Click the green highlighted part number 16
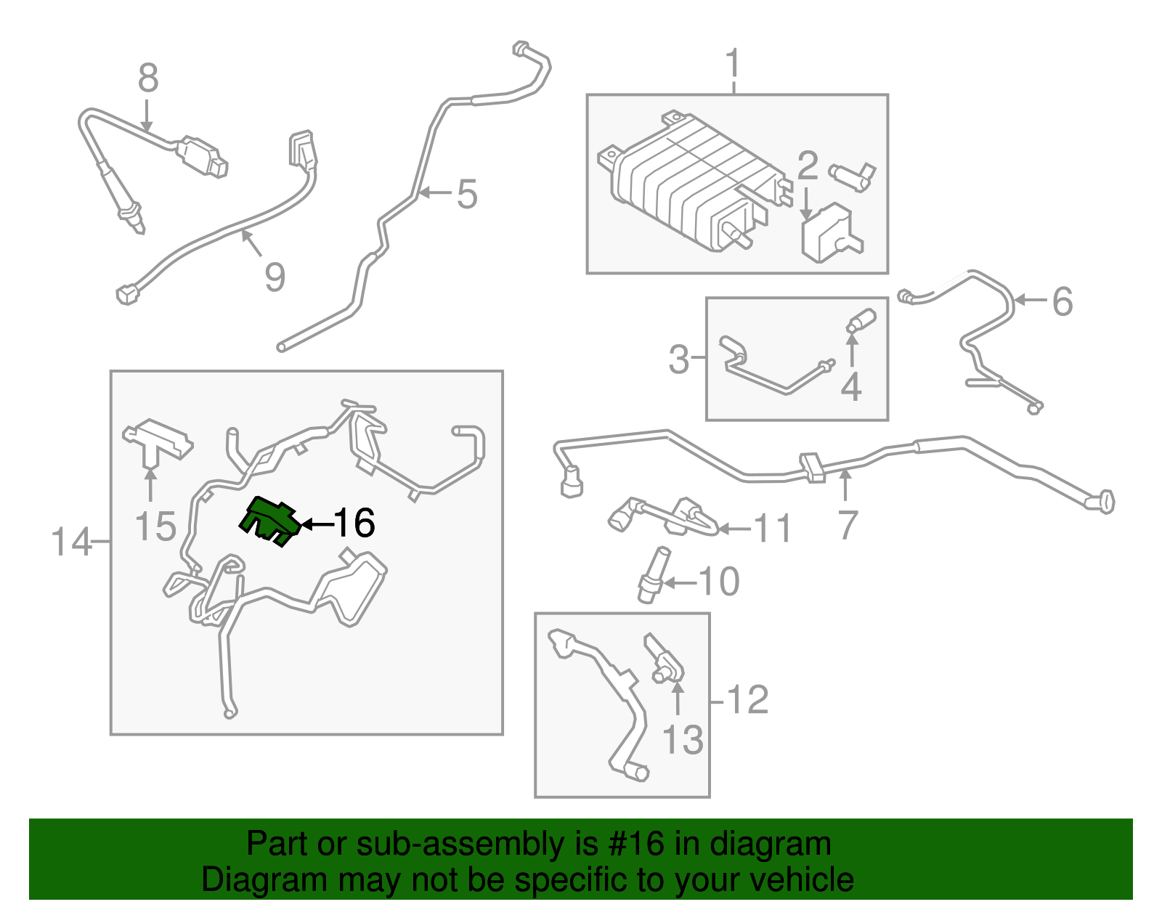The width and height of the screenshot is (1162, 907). (x=269, y=520)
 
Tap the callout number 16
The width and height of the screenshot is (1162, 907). (x=354, y=523)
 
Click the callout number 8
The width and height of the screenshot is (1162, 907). (x=147, y=78)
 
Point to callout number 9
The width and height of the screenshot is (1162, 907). (x=275, y=277)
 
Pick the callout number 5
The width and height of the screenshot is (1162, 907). (x=467, y=195)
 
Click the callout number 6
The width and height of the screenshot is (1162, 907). (x=1062, y=301)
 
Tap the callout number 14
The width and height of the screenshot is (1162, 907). (x=71, y=542)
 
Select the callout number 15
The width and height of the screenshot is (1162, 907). (x=155, y=526)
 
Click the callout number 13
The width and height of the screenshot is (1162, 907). (x=683, y=739)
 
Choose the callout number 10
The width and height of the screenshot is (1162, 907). (x=719, y=582)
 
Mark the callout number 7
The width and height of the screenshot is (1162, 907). (x=847, y=525)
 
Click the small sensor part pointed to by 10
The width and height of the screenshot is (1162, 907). (x=652, y=575)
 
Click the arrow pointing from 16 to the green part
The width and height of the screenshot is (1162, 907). (x=316, y=524)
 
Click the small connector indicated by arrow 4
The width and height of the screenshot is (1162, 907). (x=862, y=320)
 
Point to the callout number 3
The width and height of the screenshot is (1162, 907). (x=678, y=359)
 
